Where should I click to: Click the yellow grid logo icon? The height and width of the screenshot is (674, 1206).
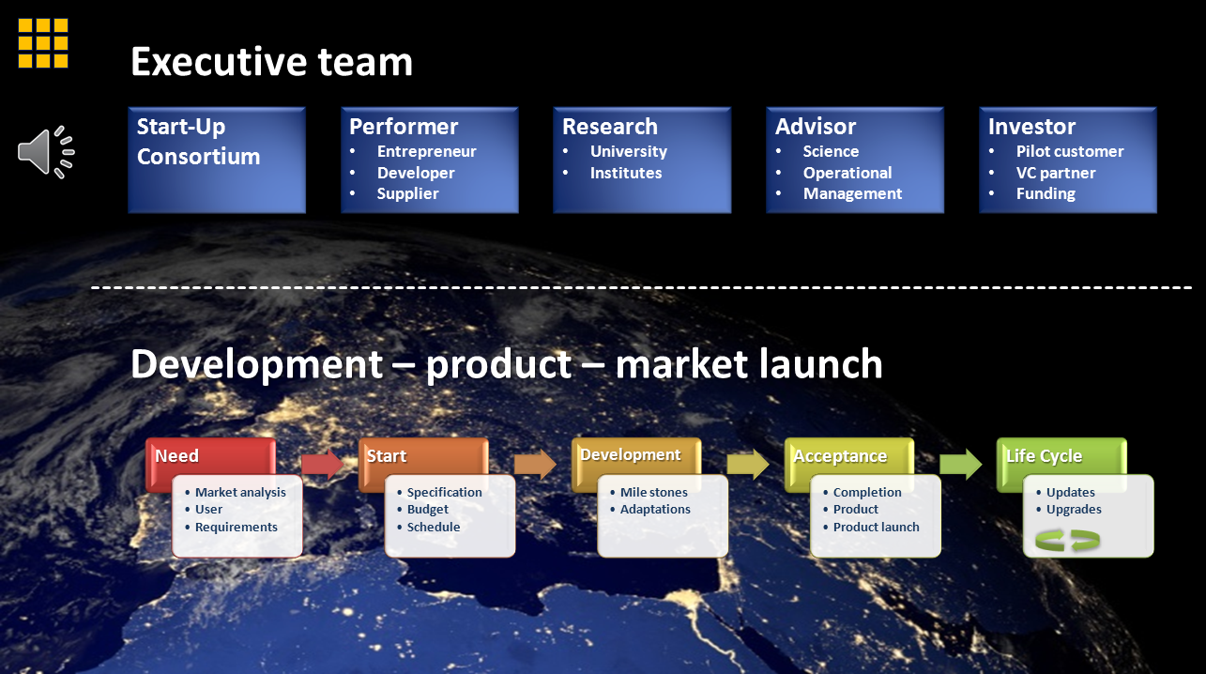click(x=43, y=43)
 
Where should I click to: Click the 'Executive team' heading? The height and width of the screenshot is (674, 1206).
click(x=271, y=62)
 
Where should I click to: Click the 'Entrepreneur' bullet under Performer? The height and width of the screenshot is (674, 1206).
click(x=426, y=151)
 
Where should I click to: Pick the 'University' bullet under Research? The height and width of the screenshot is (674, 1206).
click(x=628, y=151)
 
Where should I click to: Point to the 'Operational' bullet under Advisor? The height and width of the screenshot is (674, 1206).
click(x=847, y=173)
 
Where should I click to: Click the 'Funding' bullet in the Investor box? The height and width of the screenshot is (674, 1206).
click(x=1046, y=193)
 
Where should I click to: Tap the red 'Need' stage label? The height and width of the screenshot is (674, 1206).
click(x=176, y=456)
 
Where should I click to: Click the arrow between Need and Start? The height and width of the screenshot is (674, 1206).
click(x=321, y=465)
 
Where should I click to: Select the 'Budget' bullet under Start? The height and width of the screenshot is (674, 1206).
click(x=428, y=510)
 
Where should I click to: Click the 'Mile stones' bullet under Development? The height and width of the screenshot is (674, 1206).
click(x=653, y=492)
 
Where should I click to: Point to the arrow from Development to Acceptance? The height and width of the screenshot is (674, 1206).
click(x=747, y=465)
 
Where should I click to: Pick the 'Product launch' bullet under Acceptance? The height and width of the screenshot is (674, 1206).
click(x=876, y=527)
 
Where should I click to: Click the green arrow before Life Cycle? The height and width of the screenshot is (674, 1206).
click(x=960, y=464)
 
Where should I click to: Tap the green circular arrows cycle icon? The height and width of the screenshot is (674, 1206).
click(x=1067, y=541)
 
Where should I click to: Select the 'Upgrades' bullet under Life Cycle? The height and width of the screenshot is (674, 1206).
click(x=1074, y=510)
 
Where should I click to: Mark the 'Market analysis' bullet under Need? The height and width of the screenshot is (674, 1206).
click(x=240, y=492)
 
